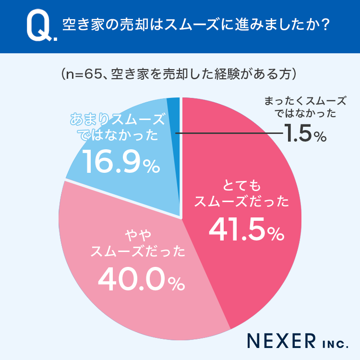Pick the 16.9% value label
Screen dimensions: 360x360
coord(120,162)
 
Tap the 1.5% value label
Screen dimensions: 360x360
coord(304,134)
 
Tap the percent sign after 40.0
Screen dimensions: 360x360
coord(176,285)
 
